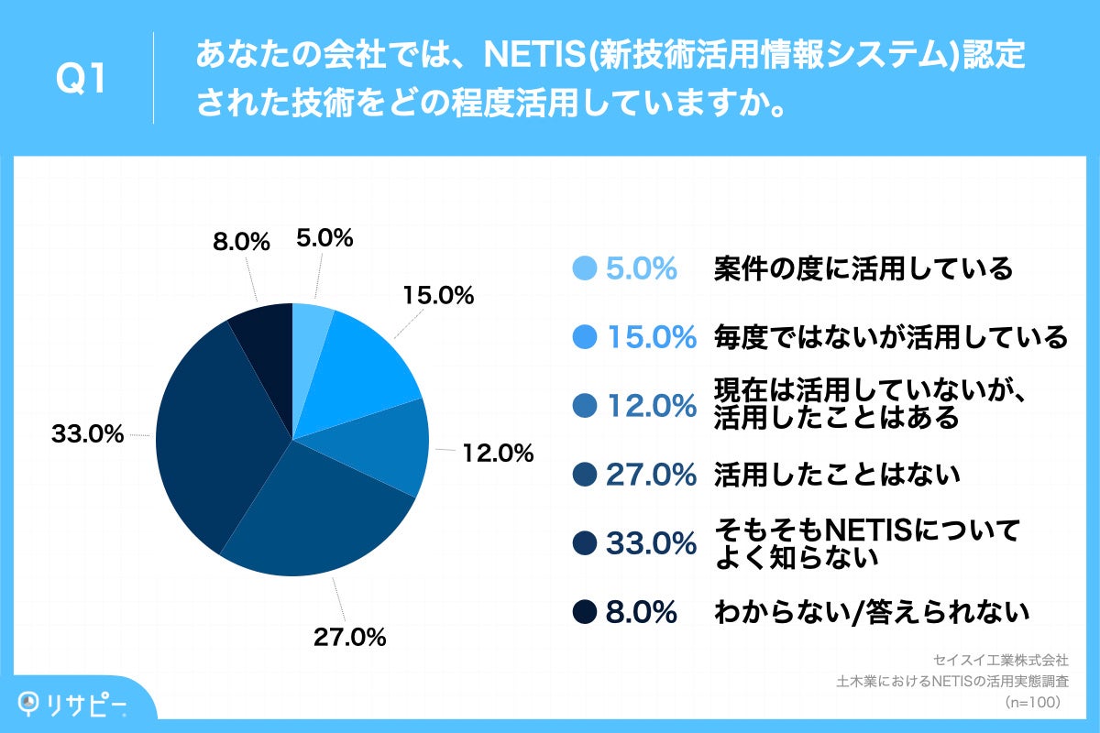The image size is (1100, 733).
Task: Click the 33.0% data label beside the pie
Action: tap(87, 435)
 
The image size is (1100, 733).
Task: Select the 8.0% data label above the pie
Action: tap(240, 242)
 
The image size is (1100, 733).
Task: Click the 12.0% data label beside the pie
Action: tap(497, 452)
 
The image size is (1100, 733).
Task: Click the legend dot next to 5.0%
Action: tap(584, 268)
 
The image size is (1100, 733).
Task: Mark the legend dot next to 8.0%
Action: tap(584, 611)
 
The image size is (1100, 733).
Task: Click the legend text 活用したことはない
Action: tap(837, 474)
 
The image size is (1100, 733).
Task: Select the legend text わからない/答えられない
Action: tap(871, 611)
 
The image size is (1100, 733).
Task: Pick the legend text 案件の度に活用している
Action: tap(863, 268)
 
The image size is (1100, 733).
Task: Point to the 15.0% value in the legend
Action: tap(652, 337)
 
